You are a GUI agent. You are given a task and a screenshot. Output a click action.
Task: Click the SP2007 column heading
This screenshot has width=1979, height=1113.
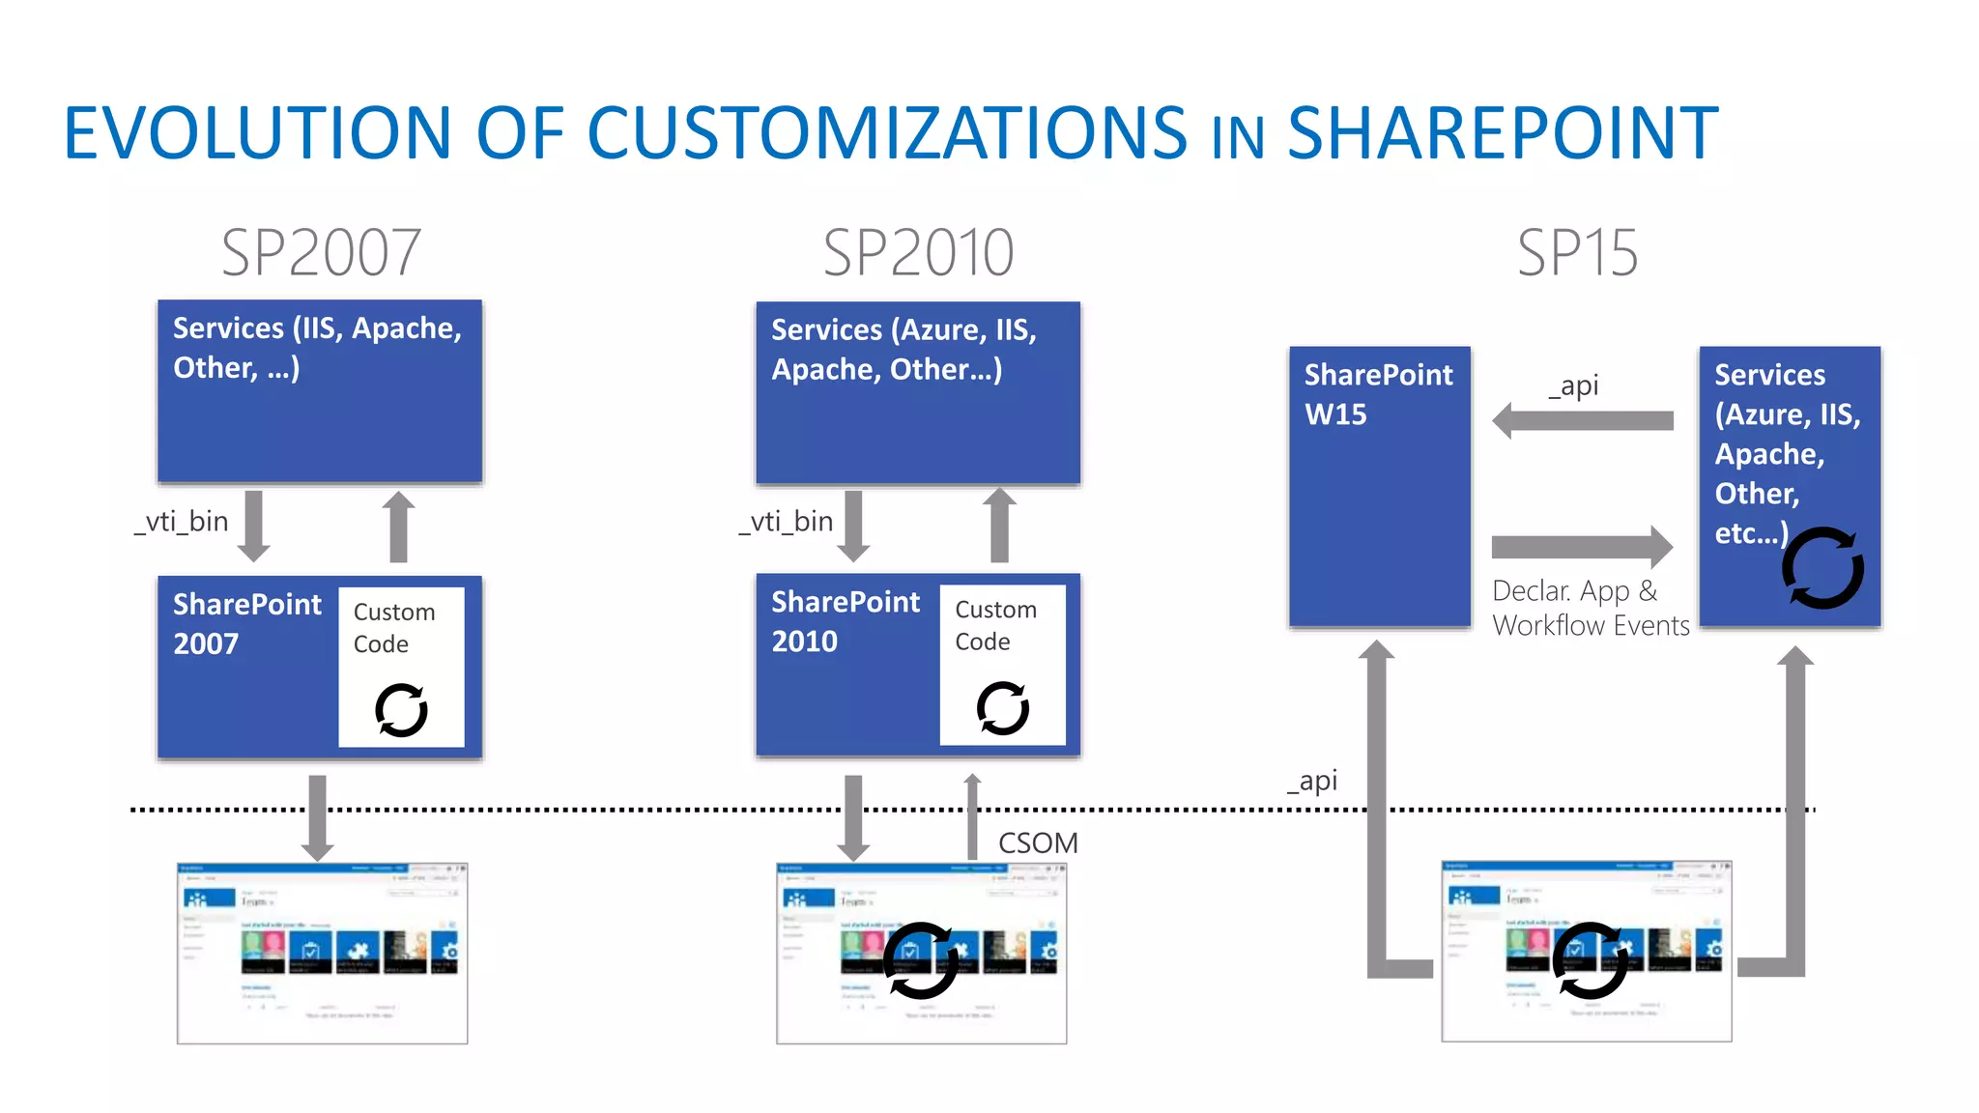[321, 253]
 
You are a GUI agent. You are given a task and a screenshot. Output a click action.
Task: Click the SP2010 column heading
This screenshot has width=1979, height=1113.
[918, 253]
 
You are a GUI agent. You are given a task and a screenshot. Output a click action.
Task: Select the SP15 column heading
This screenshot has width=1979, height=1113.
[1577, 253]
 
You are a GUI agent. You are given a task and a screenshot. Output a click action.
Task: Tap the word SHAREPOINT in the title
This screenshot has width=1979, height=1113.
[1503, 133]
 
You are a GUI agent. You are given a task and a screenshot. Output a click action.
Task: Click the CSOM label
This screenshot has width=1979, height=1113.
[1038, 842]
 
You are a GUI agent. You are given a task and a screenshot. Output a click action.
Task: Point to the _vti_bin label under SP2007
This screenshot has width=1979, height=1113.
[182, 522]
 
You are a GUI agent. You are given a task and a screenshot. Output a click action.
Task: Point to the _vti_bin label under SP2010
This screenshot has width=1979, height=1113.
[786, 522]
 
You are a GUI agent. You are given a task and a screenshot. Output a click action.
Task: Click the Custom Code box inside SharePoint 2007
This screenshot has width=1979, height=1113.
[401, 667]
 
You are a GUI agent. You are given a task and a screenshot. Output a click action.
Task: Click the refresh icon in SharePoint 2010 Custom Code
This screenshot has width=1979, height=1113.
[1003, 708]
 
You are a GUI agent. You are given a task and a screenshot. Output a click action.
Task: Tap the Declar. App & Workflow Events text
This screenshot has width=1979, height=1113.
[1590, 608]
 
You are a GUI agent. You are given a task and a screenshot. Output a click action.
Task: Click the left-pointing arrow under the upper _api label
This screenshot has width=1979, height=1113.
[1583, 420]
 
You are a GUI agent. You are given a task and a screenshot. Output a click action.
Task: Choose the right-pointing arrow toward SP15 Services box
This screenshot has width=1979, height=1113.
[1583, 548]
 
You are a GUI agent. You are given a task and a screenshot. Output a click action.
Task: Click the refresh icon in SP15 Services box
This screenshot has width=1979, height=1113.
[1822, 568]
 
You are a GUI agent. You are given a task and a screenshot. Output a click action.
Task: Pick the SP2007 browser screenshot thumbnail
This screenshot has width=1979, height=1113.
[322, 953]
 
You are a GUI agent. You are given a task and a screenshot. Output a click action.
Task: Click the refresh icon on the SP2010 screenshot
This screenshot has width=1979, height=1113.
[921, 960]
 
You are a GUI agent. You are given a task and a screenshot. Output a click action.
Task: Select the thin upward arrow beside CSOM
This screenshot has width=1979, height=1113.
[972, 816]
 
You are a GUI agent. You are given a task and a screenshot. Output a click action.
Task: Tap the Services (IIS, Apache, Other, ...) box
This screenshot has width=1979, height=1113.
[320, 390]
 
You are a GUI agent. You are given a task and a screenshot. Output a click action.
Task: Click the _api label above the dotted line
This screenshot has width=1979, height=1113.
[1312, 781]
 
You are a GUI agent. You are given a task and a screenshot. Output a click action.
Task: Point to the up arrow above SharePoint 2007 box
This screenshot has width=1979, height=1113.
[398, 527]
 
